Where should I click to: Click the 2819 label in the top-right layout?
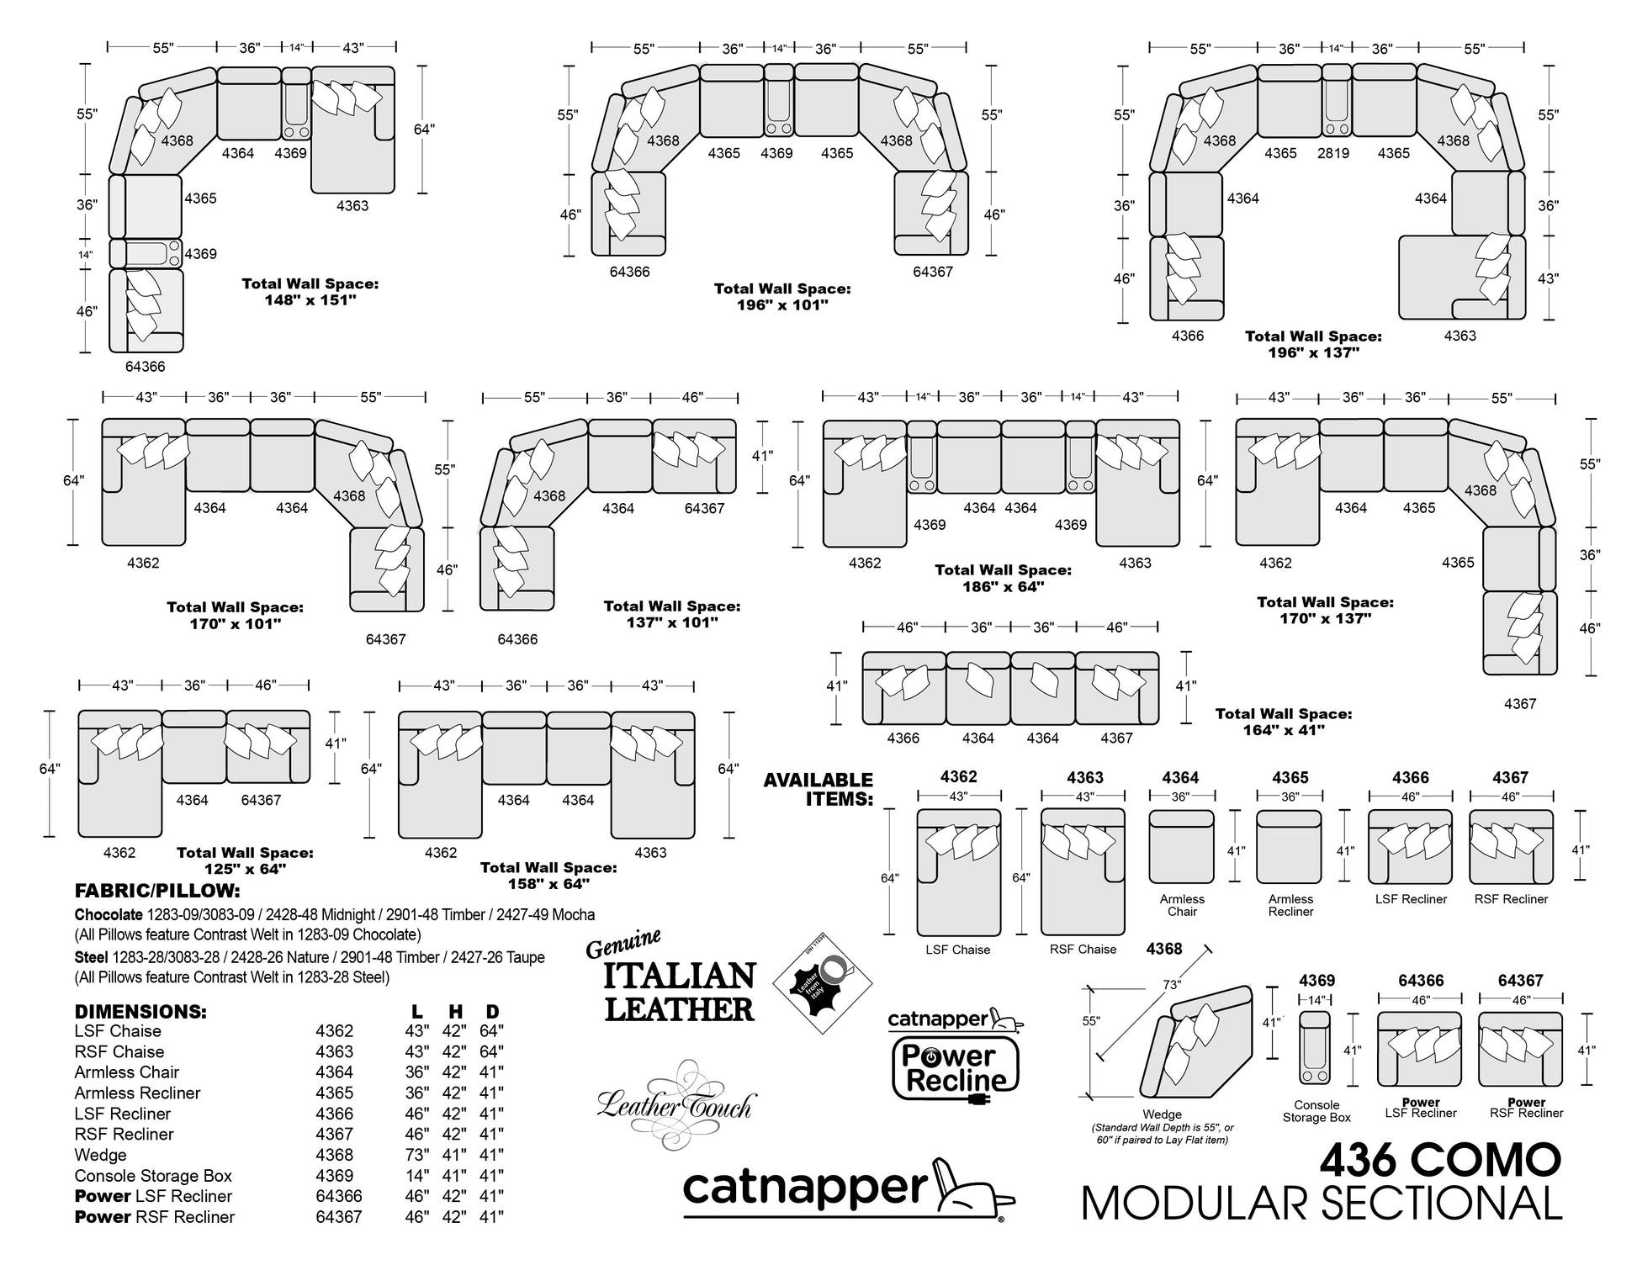click(x=1333, y=153)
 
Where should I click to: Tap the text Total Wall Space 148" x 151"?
click(x=310, y=292)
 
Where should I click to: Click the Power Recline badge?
click(x=956, y=1055)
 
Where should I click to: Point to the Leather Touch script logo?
click(x=676, y=1104)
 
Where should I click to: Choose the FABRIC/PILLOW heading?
click(x=157, y=891)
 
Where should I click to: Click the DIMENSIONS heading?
click(x=140, y=1011)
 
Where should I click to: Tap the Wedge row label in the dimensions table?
click(x=101, y=1155)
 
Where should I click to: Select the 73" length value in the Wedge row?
click(x=417, y=1155)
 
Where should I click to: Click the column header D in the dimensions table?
click(x=493, y=1011)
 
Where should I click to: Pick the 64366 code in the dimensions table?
click(x=339, y=1196)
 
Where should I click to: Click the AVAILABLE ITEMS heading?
click(x=818, y=789)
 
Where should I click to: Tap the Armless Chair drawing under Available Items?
click(x=1181, y=847)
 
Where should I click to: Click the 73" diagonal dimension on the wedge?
click(x=1172, y=984)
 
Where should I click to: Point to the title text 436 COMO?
click(x=1440, y=1161)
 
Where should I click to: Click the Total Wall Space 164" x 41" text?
click(x=1284, y=722)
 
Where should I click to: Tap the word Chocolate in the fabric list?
click(x=109, y=914)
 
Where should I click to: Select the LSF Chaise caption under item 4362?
click(x=958, y=950)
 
